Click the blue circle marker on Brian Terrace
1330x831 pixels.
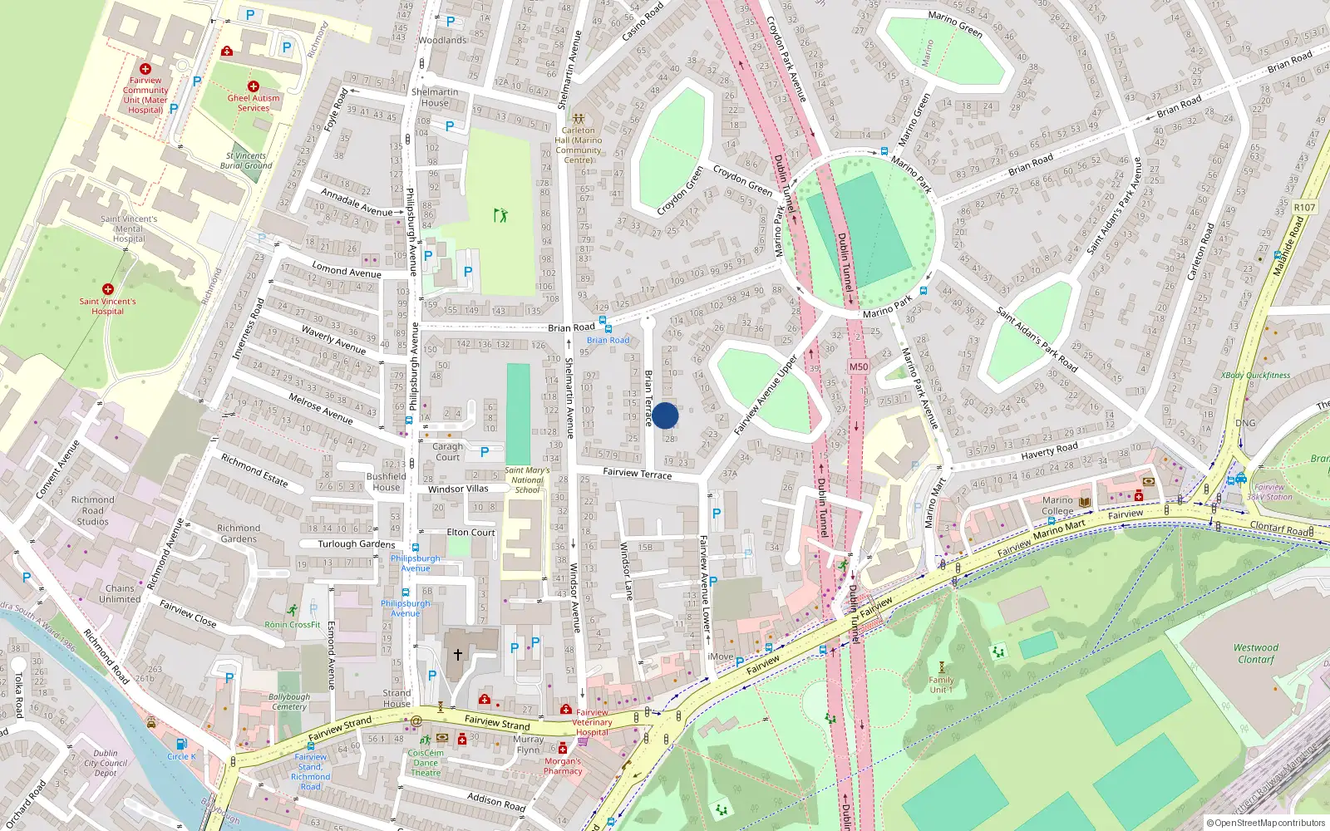click(x=665, y=415)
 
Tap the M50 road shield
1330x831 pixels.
click(x=859, y=366)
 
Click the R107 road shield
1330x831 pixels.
click(x=1304, y=208)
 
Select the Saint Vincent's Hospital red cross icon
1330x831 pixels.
click(x=107, y=289)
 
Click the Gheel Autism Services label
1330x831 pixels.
click(x=254, y=102)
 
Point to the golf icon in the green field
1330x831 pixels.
click(x=500, y=215)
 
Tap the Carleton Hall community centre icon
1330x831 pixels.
click(x=578, y=119)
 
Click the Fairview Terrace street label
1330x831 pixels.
click(x=637, y=474)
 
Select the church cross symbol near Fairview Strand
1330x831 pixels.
click(x=457, y=655)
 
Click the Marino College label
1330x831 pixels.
click(x=1057, y=505)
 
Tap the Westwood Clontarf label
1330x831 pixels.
click(x=1255, y=653)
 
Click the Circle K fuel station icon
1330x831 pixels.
click(x=181, y=745)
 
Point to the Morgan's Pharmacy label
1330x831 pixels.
click(x=563, y=765)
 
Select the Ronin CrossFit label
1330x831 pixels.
click(x=293, y=624)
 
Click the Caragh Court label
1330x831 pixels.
click(x=447, y=451)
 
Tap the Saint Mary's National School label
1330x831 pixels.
click(x=527, y=479)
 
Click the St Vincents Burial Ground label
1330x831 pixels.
click(x=246, y=160)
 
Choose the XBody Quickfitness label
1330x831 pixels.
click(x=1255, y=375)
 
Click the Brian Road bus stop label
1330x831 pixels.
click(x=608, y=340)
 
